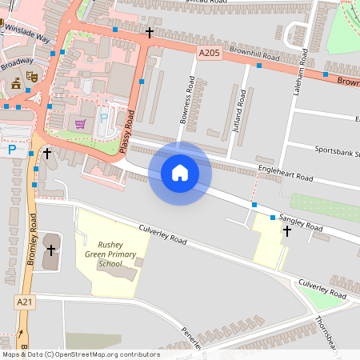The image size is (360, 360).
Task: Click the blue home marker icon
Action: tap(180, 172)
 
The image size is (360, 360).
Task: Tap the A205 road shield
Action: tap(208, 52)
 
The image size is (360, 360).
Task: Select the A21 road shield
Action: tap(26, 302)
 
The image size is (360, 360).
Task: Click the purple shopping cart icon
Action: tap(80, 123)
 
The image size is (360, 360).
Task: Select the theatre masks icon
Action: tap(32, 76)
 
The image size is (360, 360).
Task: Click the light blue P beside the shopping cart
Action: tap(103, 119)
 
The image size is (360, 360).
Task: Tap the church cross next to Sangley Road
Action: tap(287, 231)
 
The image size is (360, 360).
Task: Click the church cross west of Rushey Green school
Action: tap(51, 250)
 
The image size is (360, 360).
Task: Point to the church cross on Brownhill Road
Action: tap(150, 33)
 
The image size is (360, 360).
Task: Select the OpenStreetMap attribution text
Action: tap(81, 354)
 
